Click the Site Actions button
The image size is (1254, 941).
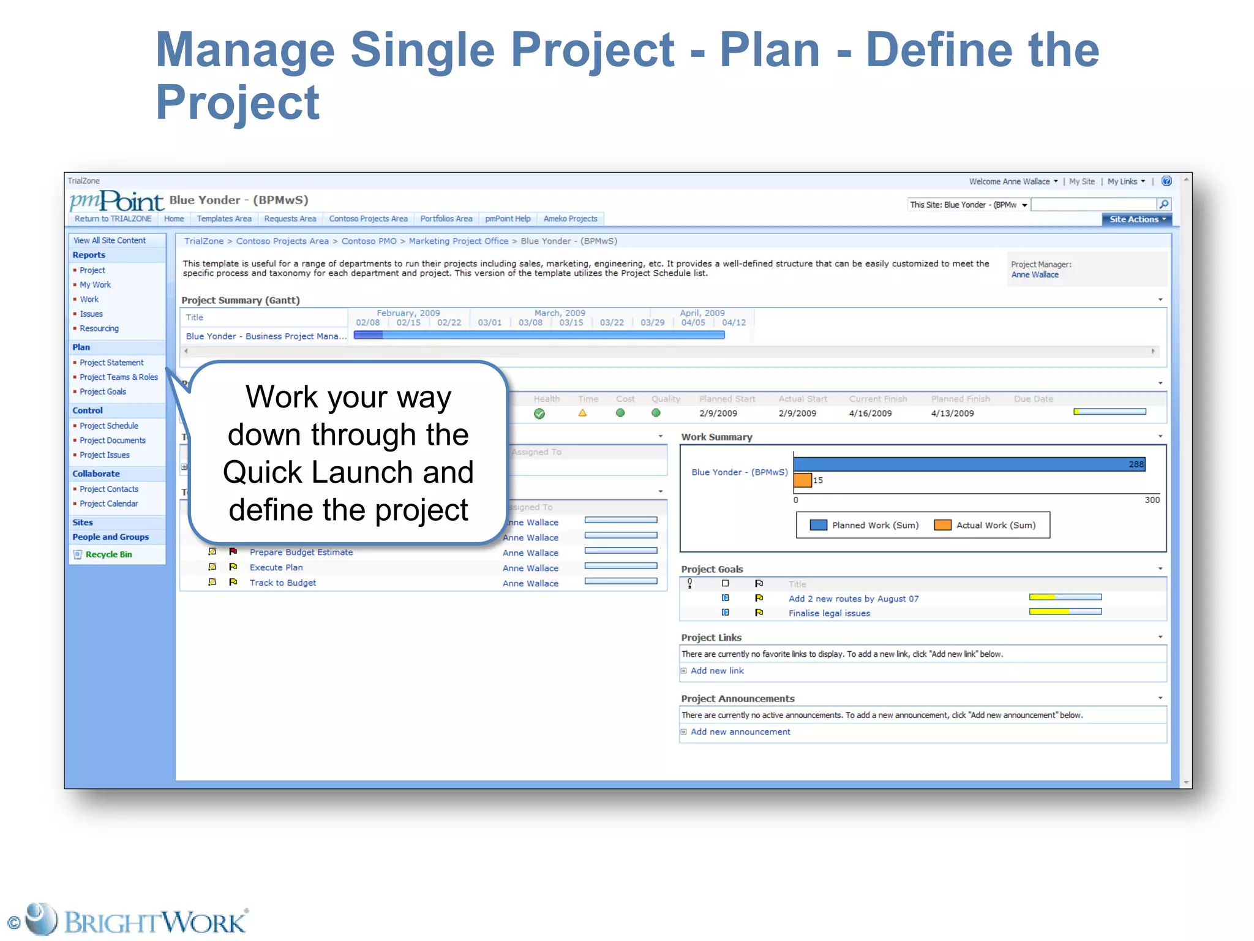(1136, 219)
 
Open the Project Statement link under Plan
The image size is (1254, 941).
(111, 363)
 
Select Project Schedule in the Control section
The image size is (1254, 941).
(109, 426)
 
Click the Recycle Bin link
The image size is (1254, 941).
(108, 554)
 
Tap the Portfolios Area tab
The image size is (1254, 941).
(446, 219)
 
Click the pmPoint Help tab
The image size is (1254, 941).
(508, 219)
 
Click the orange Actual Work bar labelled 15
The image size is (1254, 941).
(802, 480)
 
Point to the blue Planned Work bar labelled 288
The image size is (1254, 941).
(967, 464)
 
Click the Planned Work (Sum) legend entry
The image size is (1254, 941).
(865, 525)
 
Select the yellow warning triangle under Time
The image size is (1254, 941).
(582, 414)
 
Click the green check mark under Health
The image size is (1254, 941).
(539, 414)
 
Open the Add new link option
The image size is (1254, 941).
(717, 671)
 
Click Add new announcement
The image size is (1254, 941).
(740, 732)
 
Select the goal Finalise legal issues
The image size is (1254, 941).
(829, 613)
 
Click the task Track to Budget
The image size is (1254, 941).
(282, 583)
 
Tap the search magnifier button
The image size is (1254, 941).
(1163, 205)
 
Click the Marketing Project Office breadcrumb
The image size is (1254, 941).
(458, 241)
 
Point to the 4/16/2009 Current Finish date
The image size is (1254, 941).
(870, 414)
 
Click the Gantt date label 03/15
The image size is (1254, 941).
(571, 323)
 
